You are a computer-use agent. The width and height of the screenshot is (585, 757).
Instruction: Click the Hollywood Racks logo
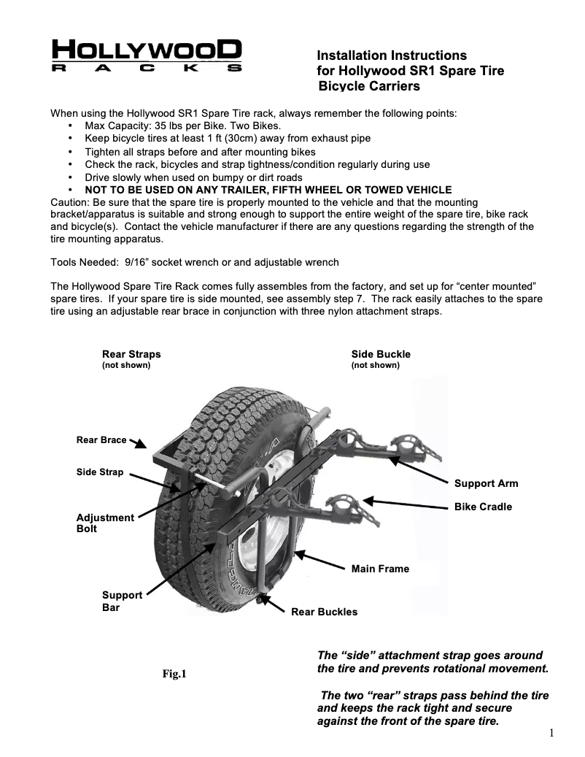(147, 56)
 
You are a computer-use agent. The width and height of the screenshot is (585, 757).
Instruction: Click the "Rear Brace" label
(101, 440)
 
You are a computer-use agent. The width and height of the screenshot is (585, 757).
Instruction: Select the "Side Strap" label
(100, 472)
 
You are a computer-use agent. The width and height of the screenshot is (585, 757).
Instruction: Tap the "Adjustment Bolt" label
(105, 523)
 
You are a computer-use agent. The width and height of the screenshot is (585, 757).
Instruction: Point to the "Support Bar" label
(122, 601)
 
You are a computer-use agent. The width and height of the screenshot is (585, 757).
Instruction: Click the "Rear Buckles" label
(324, 612)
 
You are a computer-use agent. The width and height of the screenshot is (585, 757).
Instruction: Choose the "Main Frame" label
(380, 569)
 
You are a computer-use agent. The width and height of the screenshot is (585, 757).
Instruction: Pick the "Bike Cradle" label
(483, 507)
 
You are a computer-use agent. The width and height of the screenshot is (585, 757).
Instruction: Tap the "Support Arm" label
(486, 483)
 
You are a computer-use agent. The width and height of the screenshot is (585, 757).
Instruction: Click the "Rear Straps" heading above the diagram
(131, 354)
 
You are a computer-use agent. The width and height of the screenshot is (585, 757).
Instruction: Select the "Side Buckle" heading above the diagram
(381, 354)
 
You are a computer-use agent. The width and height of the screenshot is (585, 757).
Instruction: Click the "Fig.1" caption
(174, 674)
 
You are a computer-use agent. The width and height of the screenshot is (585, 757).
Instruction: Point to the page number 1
(552, 733)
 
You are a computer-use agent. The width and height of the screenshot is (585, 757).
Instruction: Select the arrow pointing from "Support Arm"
(417, 469)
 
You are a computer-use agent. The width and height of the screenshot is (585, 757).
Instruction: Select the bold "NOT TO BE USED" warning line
(268, 190)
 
